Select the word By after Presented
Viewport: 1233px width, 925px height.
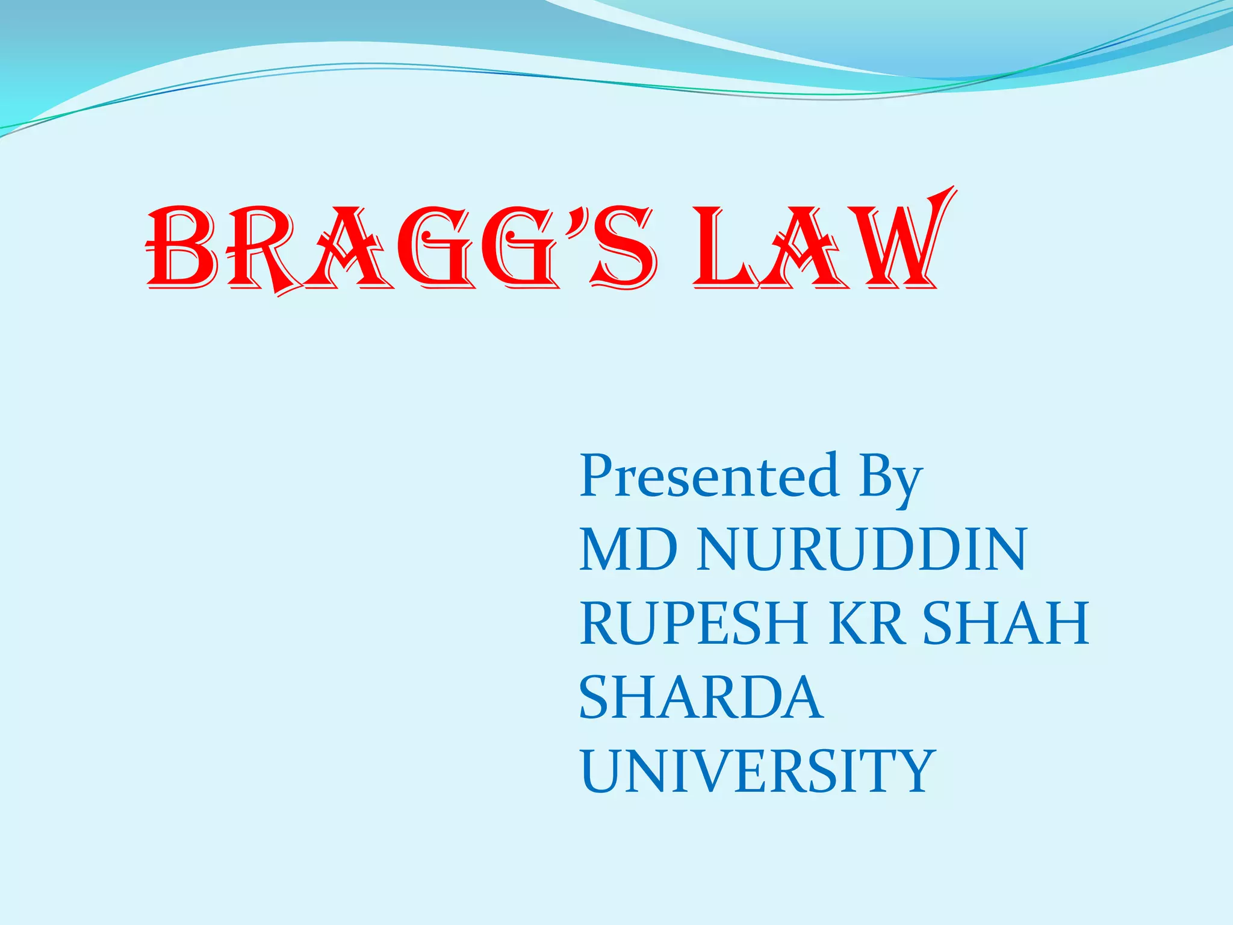890,479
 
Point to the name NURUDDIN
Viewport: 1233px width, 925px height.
862,549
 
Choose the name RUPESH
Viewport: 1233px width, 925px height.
693,623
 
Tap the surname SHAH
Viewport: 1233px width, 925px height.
1006,623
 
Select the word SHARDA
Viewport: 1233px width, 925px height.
701,697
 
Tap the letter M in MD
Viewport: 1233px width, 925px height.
606,549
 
